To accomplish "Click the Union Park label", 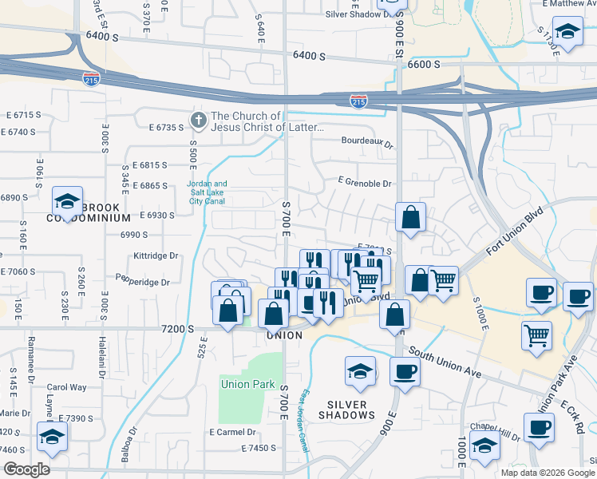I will pos(247,384).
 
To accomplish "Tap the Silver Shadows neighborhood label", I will pos(347,410).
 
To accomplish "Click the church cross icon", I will pos(198,121).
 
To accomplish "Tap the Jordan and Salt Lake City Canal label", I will pos(207,192).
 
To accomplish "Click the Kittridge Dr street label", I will pos(156,256).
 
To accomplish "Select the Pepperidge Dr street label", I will pos(143,282).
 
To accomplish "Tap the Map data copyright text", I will pos(547,473).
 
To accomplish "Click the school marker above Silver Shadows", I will pos(360,371).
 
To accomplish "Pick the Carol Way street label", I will pos(66,387).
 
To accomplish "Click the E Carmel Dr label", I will pos(231,432).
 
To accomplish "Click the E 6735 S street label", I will pos(167,127).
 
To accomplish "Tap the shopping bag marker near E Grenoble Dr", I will pos(410,218).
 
